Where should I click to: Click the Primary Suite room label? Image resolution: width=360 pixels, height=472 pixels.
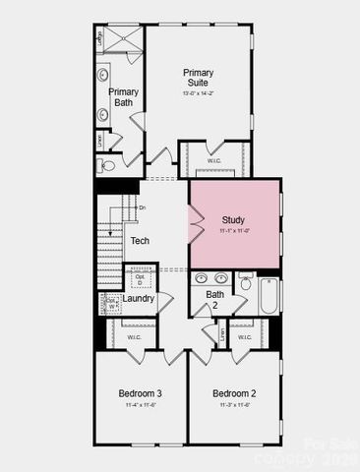pos(198,78)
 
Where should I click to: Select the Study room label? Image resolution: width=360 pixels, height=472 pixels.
pos(233,219)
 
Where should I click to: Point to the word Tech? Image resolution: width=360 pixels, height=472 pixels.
pos(140,241)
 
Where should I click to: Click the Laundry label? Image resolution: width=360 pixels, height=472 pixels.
pos(137,299)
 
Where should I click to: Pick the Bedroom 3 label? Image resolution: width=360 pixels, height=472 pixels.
pos(140,393)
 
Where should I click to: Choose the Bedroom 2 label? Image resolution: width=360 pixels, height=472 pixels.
pos(234,393)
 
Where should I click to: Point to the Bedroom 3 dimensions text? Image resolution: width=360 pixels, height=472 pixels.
pos(140,405)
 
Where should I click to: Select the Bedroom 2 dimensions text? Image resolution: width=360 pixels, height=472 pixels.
pos(234,405)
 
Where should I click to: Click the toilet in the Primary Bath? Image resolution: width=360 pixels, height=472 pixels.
pos(108,165)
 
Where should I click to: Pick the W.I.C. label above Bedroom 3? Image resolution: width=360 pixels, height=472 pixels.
pos(134,337)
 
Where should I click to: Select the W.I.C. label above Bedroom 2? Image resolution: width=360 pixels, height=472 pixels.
pos(244,337)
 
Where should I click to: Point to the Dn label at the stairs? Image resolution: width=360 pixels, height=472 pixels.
pos(143,208)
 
